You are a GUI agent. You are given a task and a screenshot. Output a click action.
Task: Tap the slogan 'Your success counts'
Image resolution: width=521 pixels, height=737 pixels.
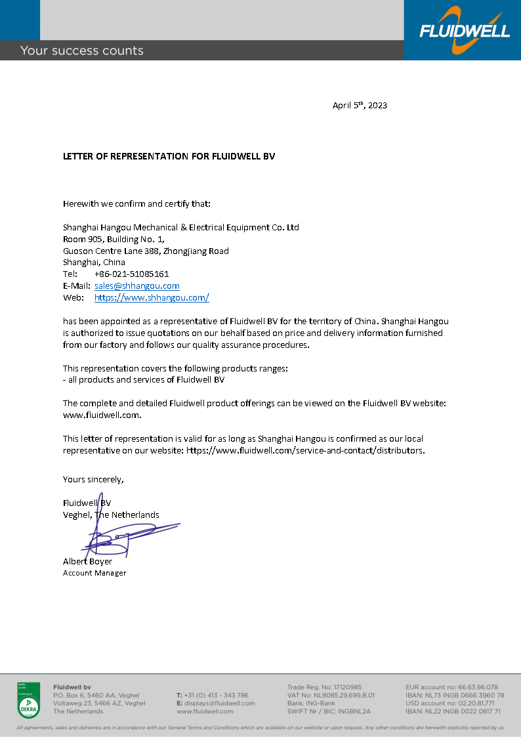coord(81,51)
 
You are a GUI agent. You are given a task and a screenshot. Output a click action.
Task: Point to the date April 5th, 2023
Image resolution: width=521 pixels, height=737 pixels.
coord(360,105)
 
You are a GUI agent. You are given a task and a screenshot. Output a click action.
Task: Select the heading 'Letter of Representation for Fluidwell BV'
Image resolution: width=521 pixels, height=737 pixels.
coord(169,157)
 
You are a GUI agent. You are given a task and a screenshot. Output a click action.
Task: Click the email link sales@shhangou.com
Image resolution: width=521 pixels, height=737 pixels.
coord(136,286)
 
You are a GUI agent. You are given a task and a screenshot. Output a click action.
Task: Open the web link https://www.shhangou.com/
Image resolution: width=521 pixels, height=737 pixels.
coord(152,298)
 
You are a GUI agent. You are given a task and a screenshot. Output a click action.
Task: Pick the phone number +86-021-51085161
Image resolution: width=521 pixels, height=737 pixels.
coord(131,274)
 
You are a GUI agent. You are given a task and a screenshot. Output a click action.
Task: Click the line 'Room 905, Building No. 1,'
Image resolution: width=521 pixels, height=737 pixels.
coord(114,240)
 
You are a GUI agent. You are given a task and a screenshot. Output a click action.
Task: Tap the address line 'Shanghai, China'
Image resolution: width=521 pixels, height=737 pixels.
coord(94,263)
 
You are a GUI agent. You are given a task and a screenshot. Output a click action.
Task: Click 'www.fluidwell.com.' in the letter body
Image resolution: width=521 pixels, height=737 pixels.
coord(102,415)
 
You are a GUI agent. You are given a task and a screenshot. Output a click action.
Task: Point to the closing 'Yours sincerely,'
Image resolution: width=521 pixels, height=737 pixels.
coord(93,479)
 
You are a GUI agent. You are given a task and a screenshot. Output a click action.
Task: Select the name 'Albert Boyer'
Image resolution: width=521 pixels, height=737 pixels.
coord(87,562)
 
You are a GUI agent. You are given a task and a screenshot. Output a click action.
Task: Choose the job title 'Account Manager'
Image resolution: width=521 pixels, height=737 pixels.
coord(94,573)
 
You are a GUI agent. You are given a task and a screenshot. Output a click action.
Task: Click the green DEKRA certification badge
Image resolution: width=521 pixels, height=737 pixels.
coord(28,700)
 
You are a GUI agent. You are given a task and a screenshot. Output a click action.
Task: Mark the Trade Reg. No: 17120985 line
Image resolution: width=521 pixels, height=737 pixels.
coord(324,687)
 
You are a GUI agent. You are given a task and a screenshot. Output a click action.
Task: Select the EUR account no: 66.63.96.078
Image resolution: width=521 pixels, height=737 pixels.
coord(451,687)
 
